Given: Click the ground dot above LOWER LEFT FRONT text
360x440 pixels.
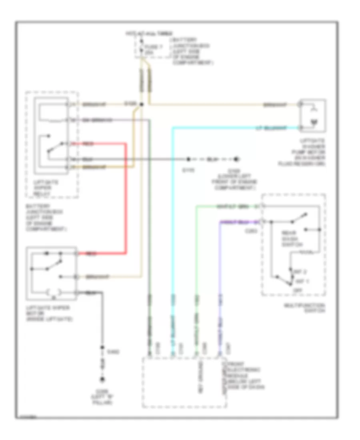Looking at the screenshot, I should (x=237, y=159).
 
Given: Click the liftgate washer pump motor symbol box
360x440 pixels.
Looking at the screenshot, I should (x=313, y=116).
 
